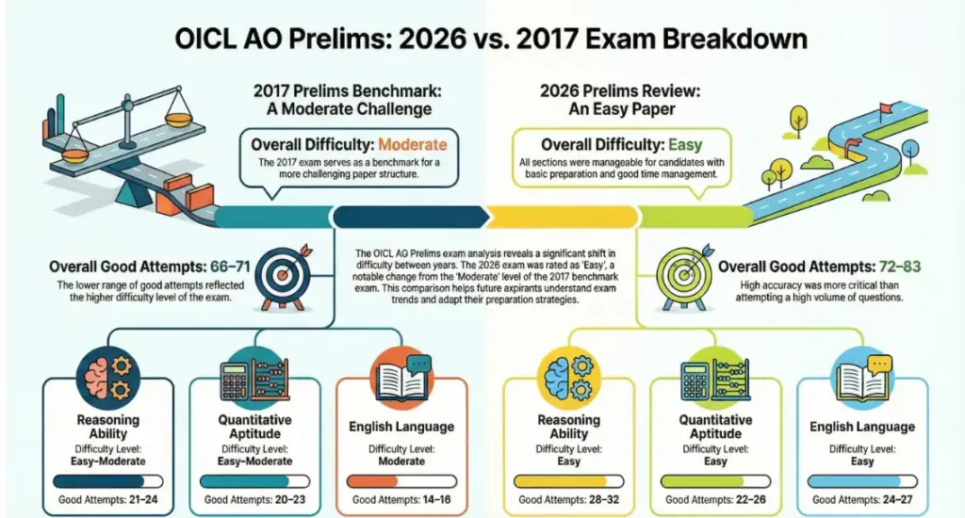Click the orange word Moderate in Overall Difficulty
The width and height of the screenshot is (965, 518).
(412, 145)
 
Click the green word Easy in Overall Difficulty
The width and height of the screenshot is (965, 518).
(687, 145)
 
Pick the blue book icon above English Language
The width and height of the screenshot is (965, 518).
(861, 376)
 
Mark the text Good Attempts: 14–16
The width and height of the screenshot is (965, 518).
(401, 500)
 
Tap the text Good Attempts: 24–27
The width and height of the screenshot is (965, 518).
(861, 500)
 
